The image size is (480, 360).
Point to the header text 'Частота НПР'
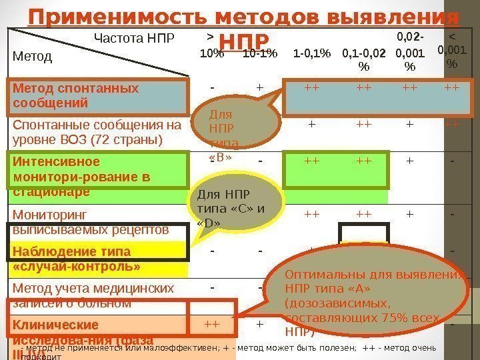[x=133, y=38]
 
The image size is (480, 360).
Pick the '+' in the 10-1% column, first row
[x=259, y=87]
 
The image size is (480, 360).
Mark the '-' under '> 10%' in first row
[x=212, y=87]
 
